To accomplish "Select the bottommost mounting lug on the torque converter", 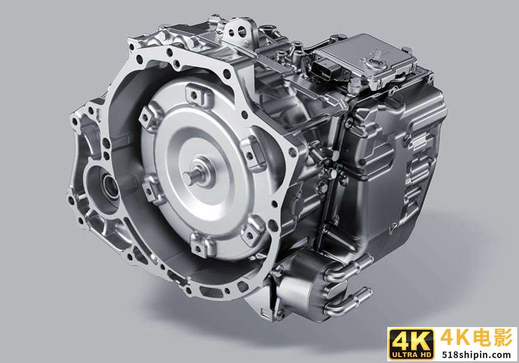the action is pos(202,244).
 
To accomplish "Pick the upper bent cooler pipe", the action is pos(348,268).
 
